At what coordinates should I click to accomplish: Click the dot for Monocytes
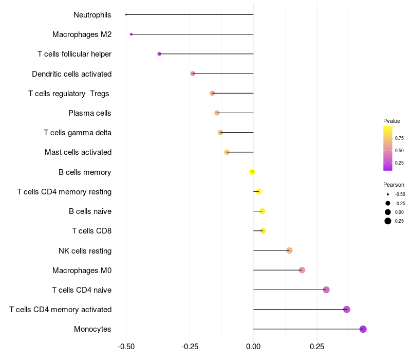tap(363, 329)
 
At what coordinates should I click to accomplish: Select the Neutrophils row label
tap(92, 14)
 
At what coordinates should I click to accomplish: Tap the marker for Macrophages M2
tap(132, 34)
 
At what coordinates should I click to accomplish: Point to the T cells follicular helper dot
tap(159, 54)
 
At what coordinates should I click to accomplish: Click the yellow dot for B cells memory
tap(252, 172)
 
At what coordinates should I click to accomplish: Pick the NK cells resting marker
tap(289, 250)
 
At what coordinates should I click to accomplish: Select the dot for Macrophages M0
tap(302, 270)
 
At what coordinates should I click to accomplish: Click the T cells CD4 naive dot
tap(326, 290)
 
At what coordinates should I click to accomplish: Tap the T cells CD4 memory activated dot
tap(347, 310)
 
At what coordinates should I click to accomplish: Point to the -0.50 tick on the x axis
tap(126, 347)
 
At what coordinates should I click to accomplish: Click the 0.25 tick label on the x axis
tap(317, 347)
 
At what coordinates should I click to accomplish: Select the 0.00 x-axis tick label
tap(253, 347)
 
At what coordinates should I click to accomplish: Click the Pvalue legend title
tap(391, 121)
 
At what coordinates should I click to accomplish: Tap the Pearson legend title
tap(394, 185)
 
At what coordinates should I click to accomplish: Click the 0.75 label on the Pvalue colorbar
tap(399, 138)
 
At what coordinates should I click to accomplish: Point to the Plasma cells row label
tap(90, 113)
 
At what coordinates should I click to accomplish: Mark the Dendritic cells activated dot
tap(193, 74)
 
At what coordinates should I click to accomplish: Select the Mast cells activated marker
tap(227, 152)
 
